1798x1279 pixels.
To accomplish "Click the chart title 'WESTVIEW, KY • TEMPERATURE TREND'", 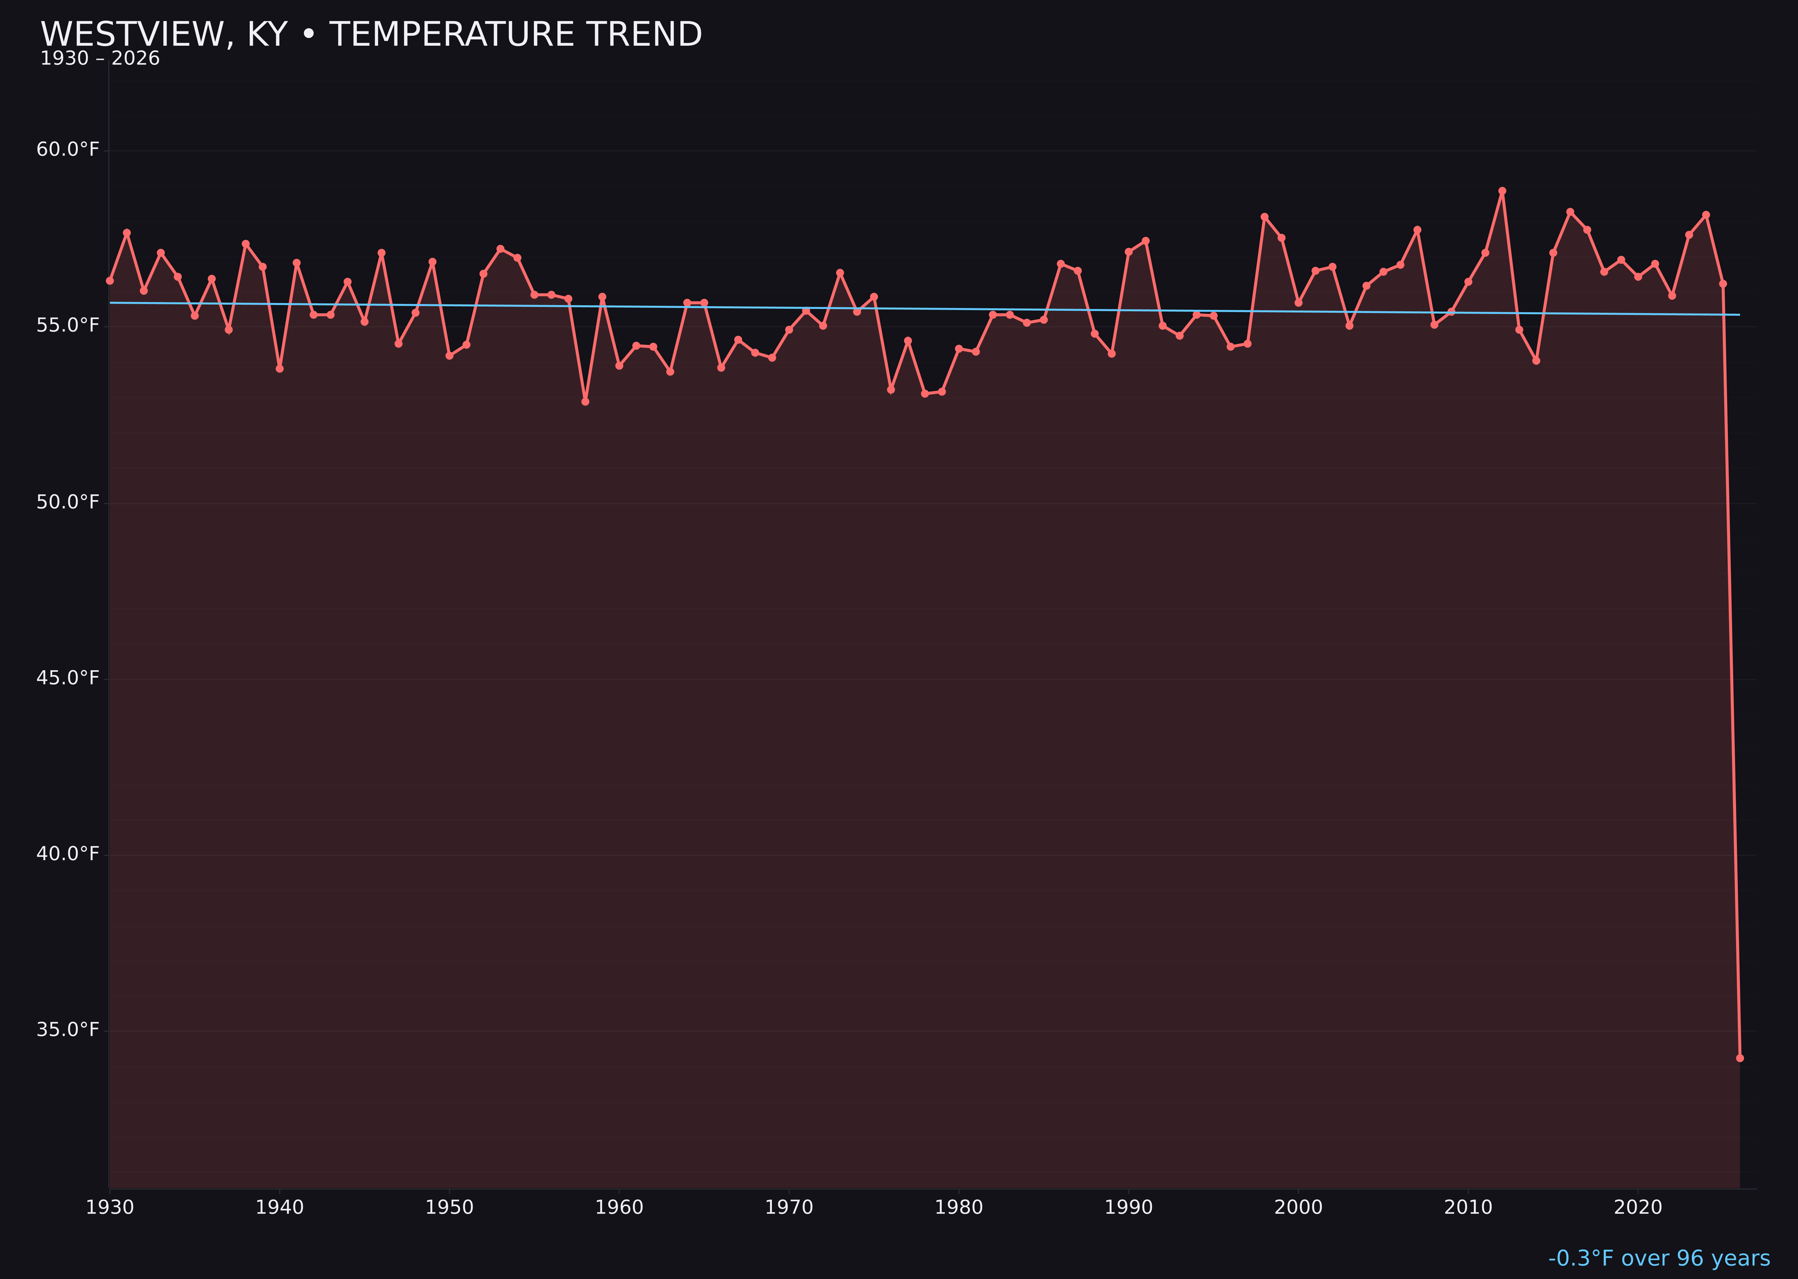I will click(x=371, y=35).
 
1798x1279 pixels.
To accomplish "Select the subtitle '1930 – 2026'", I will click(x=100, y=59).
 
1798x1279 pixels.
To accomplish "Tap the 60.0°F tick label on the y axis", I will click(x=68, y=150).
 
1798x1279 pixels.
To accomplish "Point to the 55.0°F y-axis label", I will click(x=68, y=325).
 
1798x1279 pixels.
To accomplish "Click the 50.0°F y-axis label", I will click(x=68, y=502).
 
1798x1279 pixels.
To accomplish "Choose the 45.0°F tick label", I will click(x=68, y=678).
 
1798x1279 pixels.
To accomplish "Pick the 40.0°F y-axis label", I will click(x=68, y=854).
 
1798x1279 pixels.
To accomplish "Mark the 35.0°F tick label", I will click(x=68, y=1030).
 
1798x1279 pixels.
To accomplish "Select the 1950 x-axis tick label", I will click(x=449, y=1207).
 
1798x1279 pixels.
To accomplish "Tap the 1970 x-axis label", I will click(x=789, y=1207).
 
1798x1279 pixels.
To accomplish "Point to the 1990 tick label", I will click(x=1129, y=1207).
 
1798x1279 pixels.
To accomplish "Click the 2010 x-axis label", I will click(x=1468, y=1207).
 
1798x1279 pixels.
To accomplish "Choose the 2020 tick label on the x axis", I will click(x=1638, y=1207).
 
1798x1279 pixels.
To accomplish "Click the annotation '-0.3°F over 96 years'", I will click(x=1659, y=1258).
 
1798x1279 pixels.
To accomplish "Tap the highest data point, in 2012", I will click(x=1502, y=191).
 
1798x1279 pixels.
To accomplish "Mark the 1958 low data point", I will click(x=585, y=402).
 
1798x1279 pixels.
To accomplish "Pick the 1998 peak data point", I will click(x=1264, y=217).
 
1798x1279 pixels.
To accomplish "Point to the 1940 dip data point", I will click(x=280, y=369).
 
